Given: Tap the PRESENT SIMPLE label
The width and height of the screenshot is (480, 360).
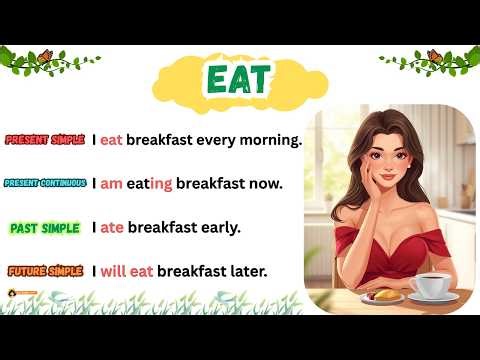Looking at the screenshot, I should tap(47, 140).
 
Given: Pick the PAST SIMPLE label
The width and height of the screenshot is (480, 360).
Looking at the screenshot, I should tap(45, 228).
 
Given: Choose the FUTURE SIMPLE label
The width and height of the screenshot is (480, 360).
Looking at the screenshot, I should tap(45, 271).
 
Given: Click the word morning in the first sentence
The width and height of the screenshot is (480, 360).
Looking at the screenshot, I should tap(268, 140).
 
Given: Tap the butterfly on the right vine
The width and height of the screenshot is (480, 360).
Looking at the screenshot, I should tap(434, 56).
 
